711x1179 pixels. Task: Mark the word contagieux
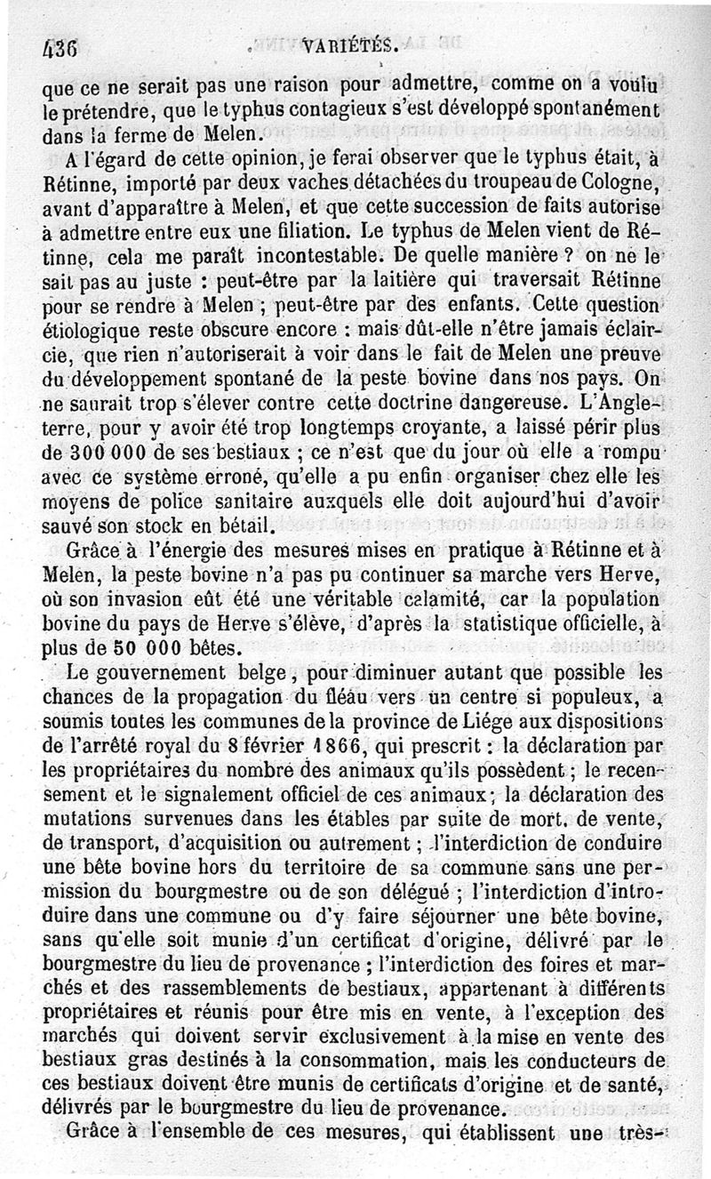[x=302, y=114]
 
